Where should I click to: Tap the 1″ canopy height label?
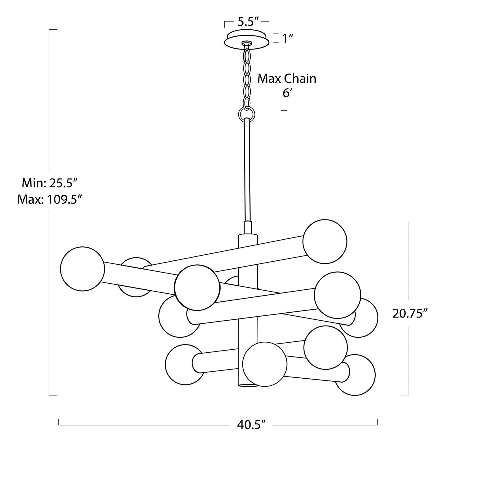pyautogui.click(x=288, y=39)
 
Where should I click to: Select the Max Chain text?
pyautogui.click(x=287, y=79)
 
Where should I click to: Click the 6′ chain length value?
pyautogui.click(x=286, y=93)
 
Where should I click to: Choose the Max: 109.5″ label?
pyautogui.click(x=50, y=200)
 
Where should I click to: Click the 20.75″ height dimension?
pyautogui.click(x=409, y=314)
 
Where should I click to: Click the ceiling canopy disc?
pyautogui.click(x=247, y=38)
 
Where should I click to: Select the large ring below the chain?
pyautogui.click(x=246, y=114)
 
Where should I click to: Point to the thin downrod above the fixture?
pyautogui.click(x=247, y=171)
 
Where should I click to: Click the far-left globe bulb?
pyautogui.click(x=83, y=269)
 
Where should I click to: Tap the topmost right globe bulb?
pyautogui.click(x=325, y=241)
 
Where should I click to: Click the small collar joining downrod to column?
pyautogui.click(x=247, y=227)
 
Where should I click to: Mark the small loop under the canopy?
pyautogui.click(x=246, y=44)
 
